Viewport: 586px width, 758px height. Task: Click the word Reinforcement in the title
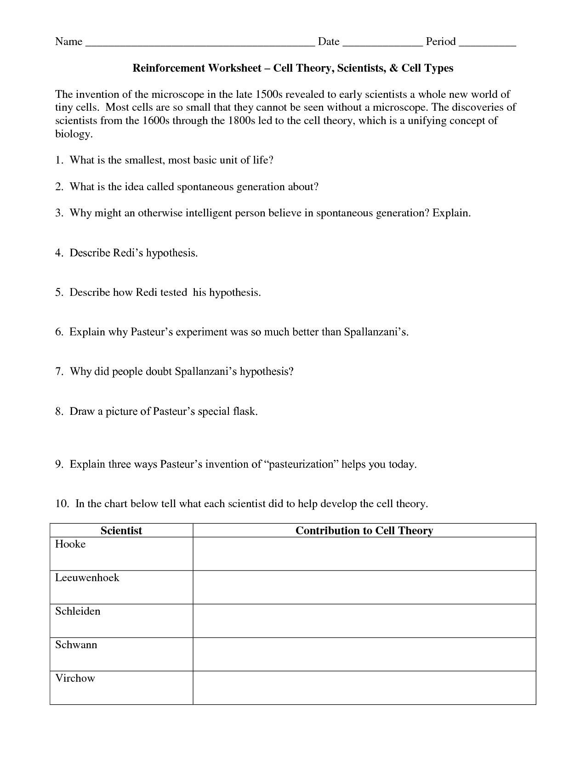coord(168,68)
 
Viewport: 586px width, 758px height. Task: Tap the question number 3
coord(59,213)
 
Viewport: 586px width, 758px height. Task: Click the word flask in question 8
coord(245,411)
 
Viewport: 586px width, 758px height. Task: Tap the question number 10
coord(62,504)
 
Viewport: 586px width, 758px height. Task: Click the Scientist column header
coord(121,531)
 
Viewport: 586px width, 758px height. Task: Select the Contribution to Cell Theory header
coord(364,531)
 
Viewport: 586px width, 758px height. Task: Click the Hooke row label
coord(70,544)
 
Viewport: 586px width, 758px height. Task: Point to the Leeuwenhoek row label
coord(87,578)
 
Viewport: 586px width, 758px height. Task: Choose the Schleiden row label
coord(78,611)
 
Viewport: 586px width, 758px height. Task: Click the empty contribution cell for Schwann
coord(364,654)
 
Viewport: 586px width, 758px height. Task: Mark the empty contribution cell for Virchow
coord(364,688)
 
